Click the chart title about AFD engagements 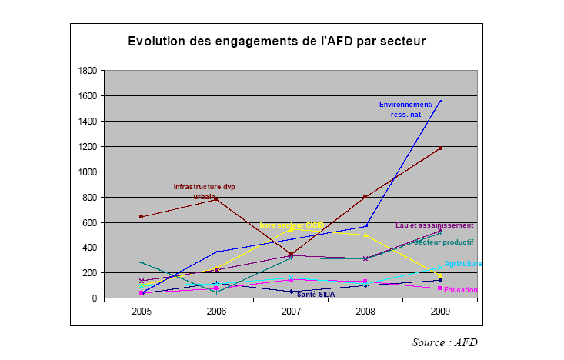coord(276,40)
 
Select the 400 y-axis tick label coord(88,248)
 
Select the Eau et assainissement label coord(434,225)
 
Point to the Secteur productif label coord(444,242)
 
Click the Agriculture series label coord(462,264)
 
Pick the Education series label coord(462,290)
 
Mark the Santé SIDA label coord(315,294)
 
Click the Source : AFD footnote coord(445,342)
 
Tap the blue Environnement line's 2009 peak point coord(441,100)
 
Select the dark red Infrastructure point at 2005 coord(142,217)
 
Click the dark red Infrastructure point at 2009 coord(441,148)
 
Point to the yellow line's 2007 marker coord(291,229)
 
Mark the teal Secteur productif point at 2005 coord(142,263)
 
